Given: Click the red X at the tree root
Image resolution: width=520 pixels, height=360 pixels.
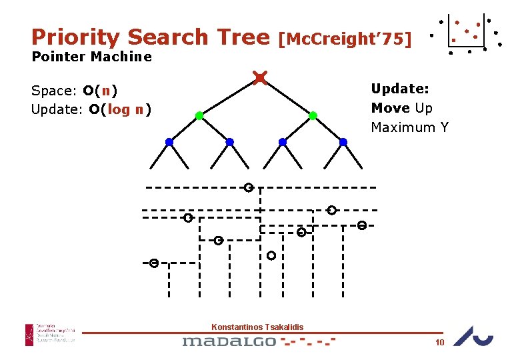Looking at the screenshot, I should click(x=260, y=79).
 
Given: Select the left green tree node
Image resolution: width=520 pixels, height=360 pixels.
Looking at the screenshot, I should click(x=199, y=116).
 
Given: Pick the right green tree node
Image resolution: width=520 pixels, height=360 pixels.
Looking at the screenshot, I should click(x=313, y=116).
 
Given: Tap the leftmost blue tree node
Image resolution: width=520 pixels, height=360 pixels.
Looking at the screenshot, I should click(x=169, y=142).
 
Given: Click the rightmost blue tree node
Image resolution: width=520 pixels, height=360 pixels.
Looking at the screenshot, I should click(x=343, y=142).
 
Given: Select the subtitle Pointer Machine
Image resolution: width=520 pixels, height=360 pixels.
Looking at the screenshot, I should click(x=91, y=57).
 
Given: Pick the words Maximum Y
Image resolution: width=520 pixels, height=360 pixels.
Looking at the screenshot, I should click(x=409, y=127).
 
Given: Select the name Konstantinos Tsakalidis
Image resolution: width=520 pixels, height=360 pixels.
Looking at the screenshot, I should click(x=257, y=327).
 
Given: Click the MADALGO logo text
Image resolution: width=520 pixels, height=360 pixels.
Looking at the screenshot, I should click(x=229, y=341).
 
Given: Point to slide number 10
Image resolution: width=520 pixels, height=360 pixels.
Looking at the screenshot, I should click(x=439, y=343).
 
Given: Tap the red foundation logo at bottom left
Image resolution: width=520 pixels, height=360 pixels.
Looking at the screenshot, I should click(x=29, y=334).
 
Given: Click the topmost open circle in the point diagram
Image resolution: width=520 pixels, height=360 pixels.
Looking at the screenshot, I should click(x=248, y=187).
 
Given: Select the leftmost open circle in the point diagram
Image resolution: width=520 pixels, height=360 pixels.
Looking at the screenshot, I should click(x=153, y=263).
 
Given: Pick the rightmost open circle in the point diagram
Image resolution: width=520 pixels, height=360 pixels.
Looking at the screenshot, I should click(x=361, y=225).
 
